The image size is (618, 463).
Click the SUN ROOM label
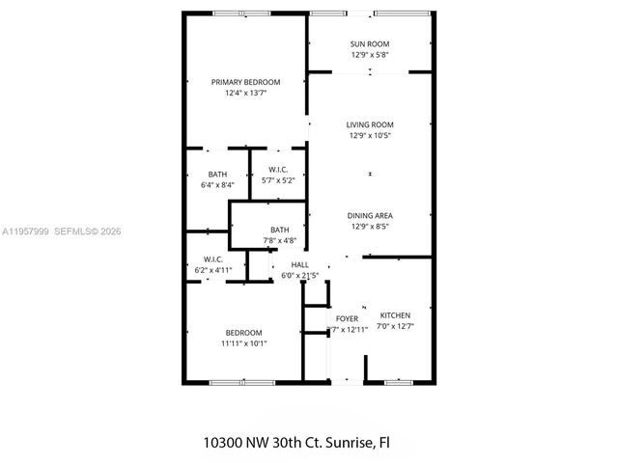coord(370,44)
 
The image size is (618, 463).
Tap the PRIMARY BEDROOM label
coord(245,82)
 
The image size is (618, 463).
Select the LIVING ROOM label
coord(370,124)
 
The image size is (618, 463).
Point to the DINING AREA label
coord(370,215)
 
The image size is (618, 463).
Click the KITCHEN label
coord(395,315)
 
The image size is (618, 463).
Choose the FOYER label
coord(347,318)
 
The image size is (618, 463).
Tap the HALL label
coord(299,264)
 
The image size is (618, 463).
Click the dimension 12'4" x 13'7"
coord(245,94)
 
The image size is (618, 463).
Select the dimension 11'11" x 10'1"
coord(243,343)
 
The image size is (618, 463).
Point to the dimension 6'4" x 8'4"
coord(217,185)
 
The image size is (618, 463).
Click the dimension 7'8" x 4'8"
coord(280,240)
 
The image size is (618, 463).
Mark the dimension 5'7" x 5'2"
coord(278,180)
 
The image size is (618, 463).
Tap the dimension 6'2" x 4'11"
coord(213,270)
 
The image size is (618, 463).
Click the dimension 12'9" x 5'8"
coord(370,56)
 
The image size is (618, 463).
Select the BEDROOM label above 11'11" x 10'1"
coord(243,333)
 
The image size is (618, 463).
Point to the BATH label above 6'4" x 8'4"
coord(217,175)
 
